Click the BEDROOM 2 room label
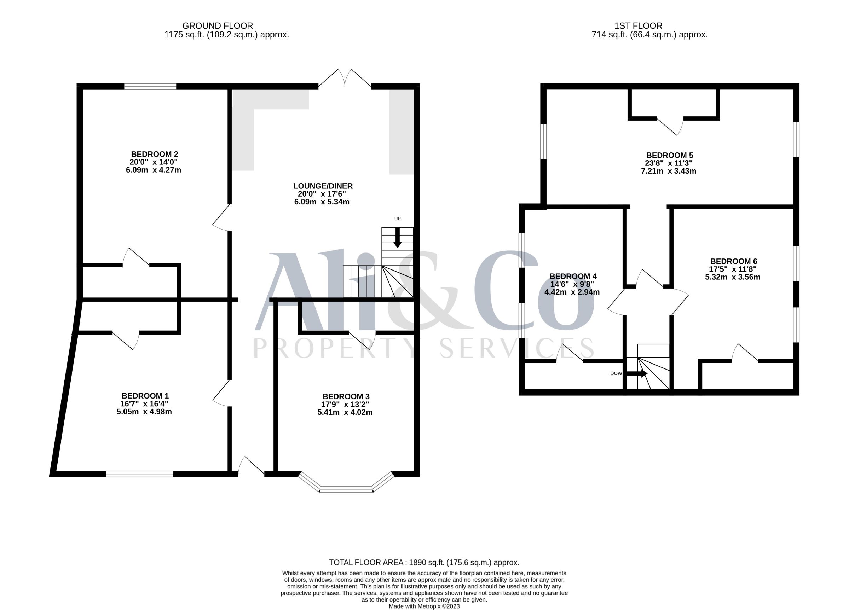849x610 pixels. pos(154,154)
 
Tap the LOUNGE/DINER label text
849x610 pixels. pos(323,186)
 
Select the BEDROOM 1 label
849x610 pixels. pos(145,396)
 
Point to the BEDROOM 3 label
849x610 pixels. pos(346,396)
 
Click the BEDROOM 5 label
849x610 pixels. pos(670,155)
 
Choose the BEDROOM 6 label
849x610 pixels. pos(734,261)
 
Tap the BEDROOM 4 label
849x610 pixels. pos(573,276)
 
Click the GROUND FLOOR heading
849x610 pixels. pos(218,26)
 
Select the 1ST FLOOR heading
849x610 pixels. pos(638,26)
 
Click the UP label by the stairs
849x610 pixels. pos(398,219)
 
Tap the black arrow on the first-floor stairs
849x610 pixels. pos(637,373)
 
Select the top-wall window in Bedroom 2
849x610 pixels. pos(150,86)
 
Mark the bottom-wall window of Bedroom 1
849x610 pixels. pos(140,474)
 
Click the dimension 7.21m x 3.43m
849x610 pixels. pos(669,172)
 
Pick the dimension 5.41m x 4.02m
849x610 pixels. pos(345,412)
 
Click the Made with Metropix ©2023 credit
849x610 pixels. pos(424,606)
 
